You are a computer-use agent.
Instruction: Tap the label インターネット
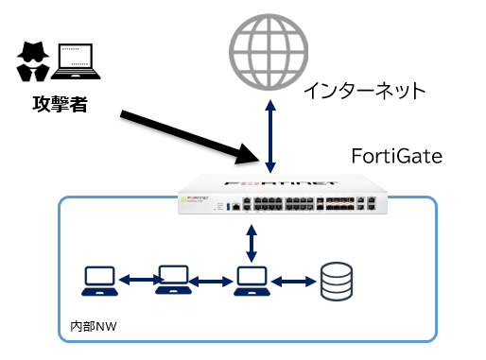pos(365,91)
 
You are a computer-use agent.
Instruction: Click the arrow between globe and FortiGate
pos(270,132)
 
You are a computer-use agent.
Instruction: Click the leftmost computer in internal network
pos(99,279)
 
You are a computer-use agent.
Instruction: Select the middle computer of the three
pos(173,279)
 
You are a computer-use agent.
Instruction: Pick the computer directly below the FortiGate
pos(251,279)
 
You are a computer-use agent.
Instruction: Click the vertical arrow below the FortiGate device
pos(251,243)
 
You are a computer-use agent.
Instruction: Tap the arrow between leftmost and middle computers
pos(136,279)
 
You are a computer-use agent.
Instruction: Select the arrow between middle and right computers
pos(212,280)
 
